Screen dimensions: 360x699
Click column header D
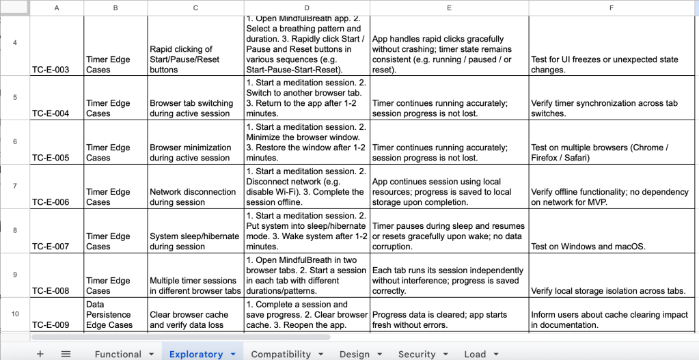click(307, 8)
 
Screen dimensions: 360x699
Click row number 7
click(14, 186)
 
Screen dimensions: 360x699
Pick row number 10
click(14, 314)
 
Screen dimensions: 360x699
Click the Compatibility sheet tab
click(281, 354)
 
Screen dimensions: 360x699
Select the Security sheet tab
click(416, 354)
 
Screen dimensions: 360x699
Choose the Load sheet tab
click(474, 354)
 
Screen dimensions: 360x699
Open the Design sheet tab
click(354, 354)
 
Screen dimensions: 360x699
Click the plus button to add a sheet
click(40, 354)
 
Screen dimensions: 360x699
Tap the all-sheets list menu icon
click(66, 354)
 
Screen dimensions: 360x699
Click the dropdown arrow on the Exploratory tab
click(233, 354)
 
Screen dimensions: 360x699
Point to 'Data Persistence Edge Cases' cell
click(115, 314)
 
